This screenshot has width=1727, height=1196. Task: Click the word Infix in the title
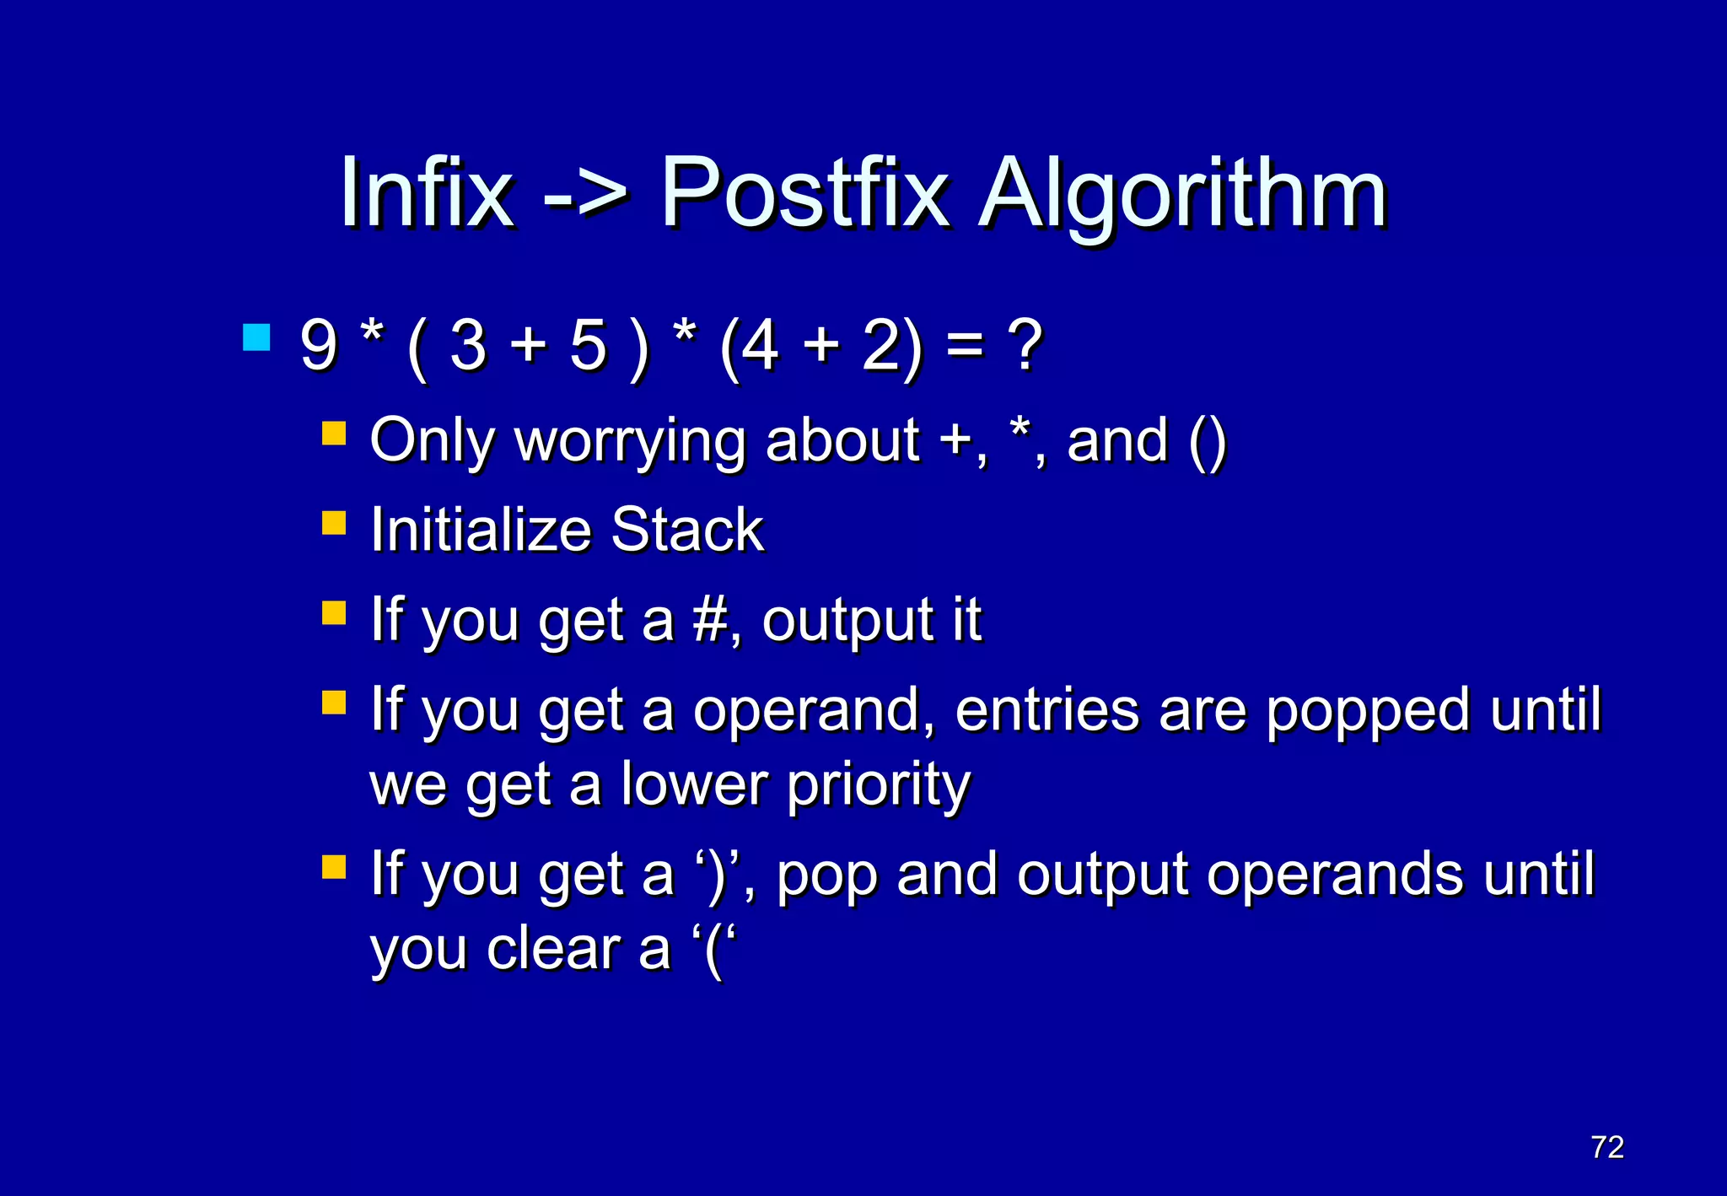426,193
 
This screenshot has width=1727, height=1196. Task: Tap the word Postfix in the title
804,193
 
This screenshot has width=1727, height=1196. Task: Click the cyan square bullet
256,337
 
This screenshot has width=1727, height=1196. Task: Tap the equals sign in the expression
964,347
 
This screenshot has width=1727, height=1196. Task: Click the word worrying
629,442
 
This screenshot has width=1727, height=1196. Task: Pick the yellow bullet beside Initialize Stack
334,524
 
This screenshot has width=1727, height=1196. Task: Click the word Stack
686,531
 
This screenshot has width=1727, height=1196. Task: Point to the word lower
694,784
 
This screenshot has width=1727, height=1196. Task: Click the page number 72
1606,1147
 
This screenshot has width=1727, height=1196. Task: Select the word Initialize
481,531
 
